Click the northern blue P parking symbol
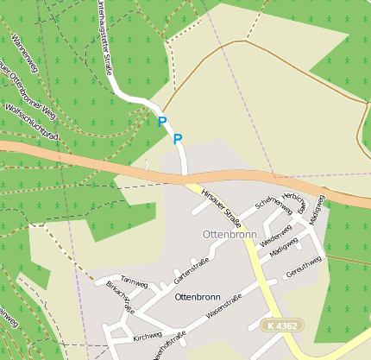point(161,122)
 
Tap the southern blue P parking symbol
point(178,138)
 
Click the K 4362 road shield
point(283,325)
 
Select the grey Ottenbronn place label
point(228,234)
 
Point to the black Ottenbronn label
point(198,296)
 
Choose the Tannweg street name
point(134,282)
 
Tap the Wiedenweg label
point(277,232)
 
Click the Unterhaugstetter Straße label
point(104,39)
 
